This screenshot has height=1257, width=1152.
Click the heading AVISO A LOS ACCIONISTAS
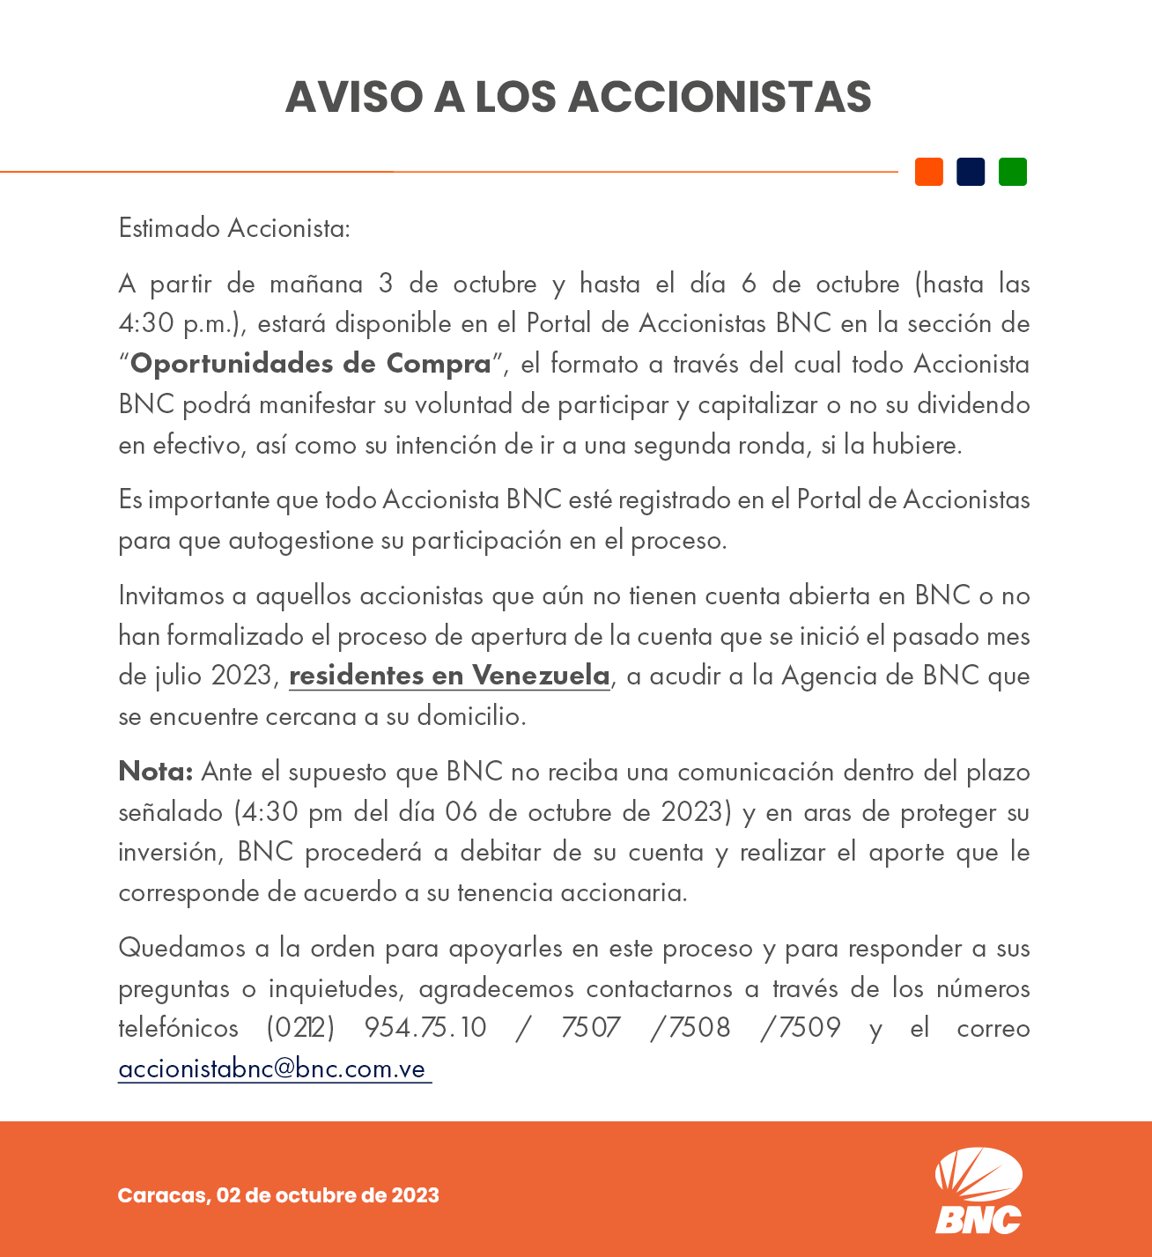578,97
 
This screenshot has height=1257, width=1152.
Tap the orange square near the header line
928,172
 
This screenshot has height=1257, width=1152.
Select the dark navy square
971,172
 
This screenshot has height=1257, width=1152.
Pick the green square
1012,172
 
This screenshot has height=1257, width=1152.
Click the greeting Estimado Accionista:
234,228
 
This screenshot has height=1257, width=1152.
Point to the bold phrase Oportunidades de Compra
310,364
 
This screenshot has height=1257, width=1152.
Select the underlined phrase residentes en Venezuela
449,676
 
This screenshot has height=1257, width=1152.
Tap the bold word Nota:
156,772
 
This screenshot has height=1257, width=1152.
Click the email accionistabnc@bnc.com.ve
273,1068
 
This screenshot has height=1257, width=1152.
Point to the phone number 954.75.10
425,1028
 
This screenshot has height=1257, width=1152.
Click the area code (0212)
300,1028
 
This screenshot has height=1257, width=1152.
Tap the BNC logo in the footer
978,1190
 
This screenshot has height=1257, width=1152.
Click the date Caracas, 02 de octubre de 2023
278,1195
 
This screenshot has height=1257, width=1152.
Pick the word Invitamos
171,596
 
